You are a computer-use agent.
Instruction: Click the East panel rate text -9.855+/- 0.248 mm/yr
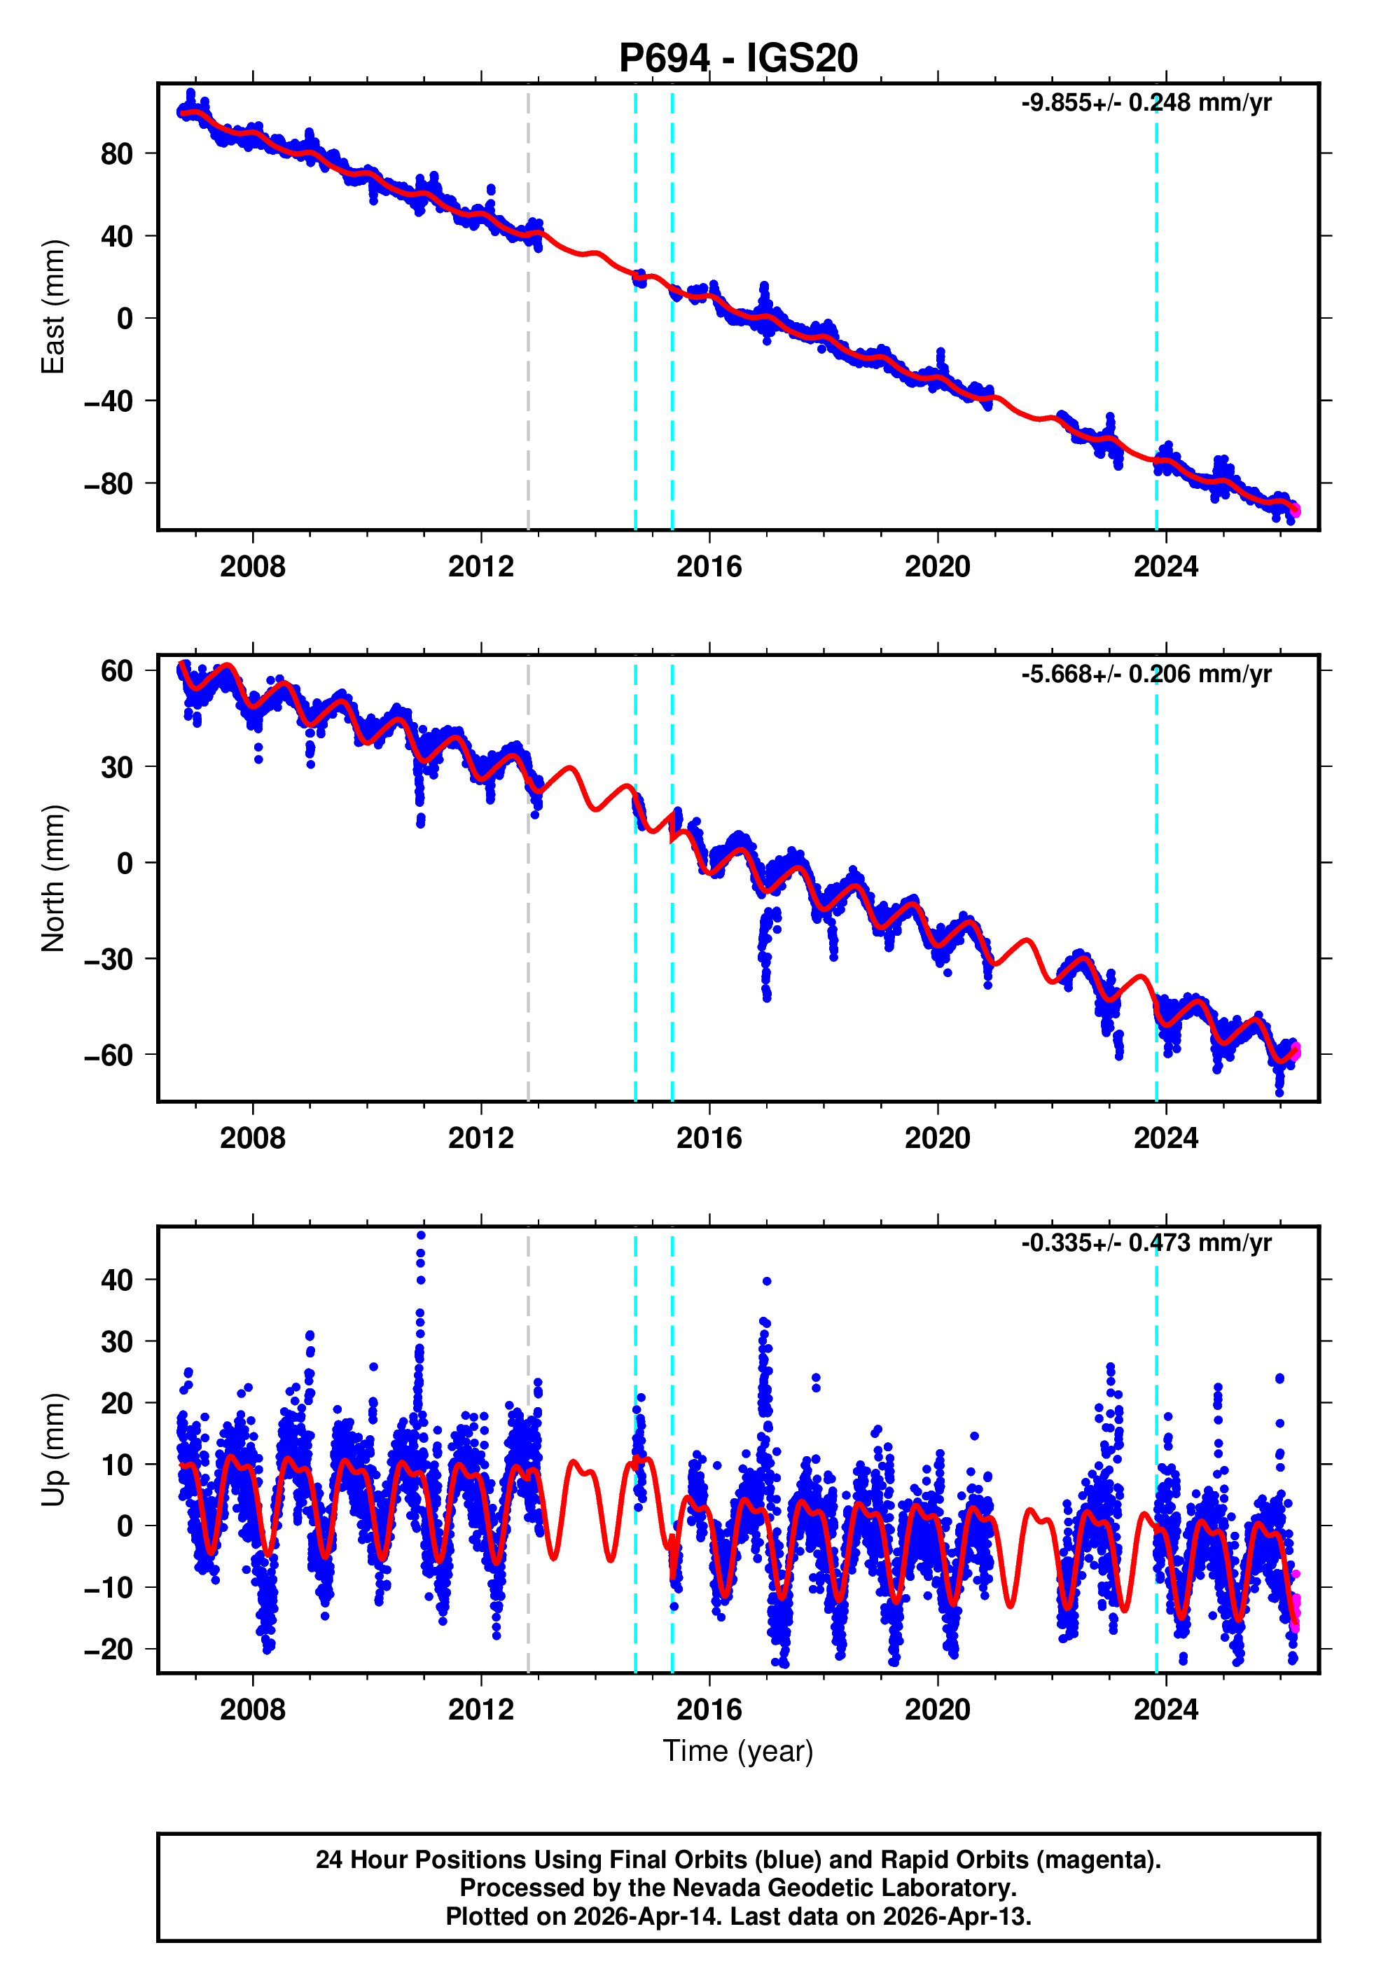1146,103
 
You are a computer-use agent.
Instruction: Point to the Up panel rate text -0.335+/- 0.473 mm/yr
1146,1243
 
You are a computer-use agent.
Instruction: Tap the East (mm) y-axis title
53,307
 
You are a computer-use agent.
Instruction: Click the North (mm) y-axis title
53,878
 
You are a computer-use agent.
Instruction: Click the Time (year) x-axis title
738,1751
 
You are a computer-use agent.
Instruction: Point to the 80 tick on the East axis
116,154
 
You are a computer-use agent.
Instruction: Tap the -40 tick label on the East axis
109,401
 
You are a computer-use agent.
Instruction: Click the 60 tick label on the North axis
116,670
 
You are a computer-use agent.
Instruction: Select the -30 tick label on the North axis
109,959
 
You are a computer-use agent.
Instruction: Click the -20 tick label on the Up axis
109,1649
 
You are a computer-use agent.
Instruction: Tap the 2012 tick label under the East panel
480,567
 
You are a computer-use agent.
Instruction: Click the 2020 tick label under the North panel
937,1138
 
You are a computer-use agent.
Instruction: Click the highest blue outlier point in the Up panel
421,1236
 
